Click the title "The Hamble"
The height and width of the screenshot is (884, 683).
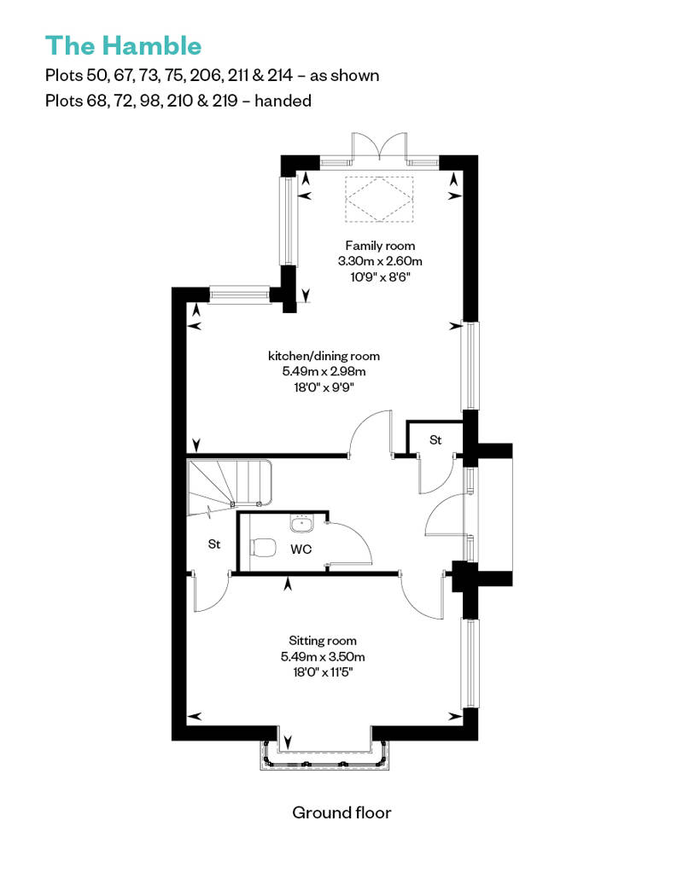click(x=123, y=46)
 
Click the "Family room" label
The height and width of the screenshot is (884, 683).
click(x=380, y=246)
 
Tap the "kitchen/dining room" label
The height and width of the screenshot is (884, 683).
click(x=324, y=357)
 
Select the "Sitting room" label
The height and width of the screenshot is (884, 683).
click(x=323, y=641)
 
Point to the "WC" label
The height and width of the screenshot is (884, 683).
click(x=301, y=550)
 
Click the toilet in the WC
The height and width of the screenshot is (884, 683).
click(x=263, y=548)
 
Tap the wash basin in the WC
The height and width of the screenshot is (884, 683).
click(x=301, y=523)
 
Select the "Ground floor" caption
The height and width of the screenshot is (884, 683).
click(x=341, y=812)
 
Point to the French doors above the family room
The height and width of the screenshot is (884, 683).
click(x=379, y=148)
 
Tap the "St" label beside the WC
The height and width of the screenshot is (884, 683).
click(x=213, y=544)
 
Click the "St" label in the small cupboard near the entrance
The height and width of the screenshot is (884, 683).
click(x=435, y=439)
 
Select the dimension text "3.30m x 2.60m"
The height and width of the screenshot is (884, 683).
click(x=380, y=261)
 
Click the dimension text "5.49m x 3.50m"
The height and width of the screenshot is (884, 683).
click(x=323, y=657)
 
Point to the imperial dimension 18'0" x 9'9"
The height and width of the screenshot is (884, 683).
click(x=324, y=388)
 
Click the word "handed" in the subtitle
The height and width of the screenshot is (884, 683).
click(x=283, y=101)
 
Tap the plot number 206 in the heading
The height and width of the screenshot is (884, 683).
click(x=207, y=76)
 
